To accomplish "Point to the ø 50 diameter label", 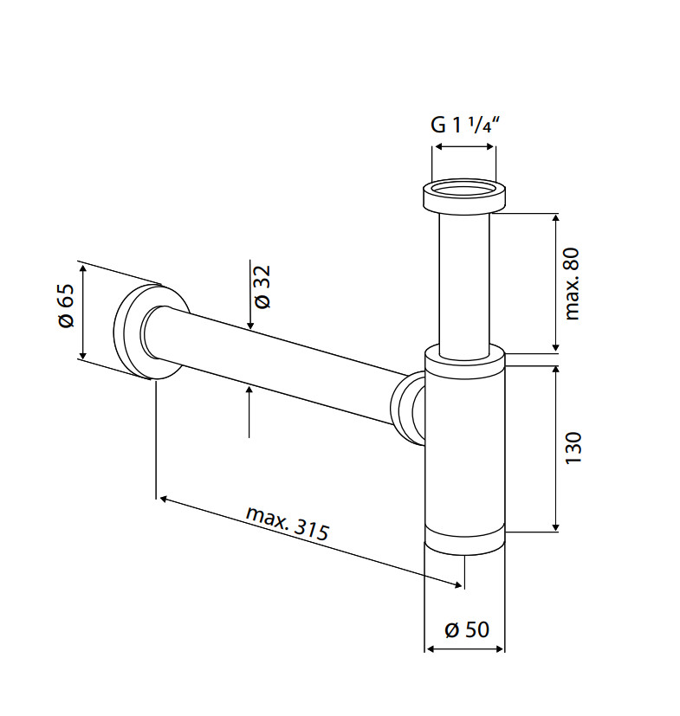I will (x=466, y=629).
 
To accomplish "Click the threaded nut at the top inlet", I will (x=463, y=196).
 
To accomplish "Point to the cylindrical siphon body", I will (x=464, y=442).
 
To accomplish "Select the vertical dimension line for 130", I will (x=555, y=448).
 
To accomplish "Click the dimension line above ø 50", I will (x=464, y=648).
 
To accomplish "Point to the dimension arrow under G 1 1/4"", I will (x=464, y=148).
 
